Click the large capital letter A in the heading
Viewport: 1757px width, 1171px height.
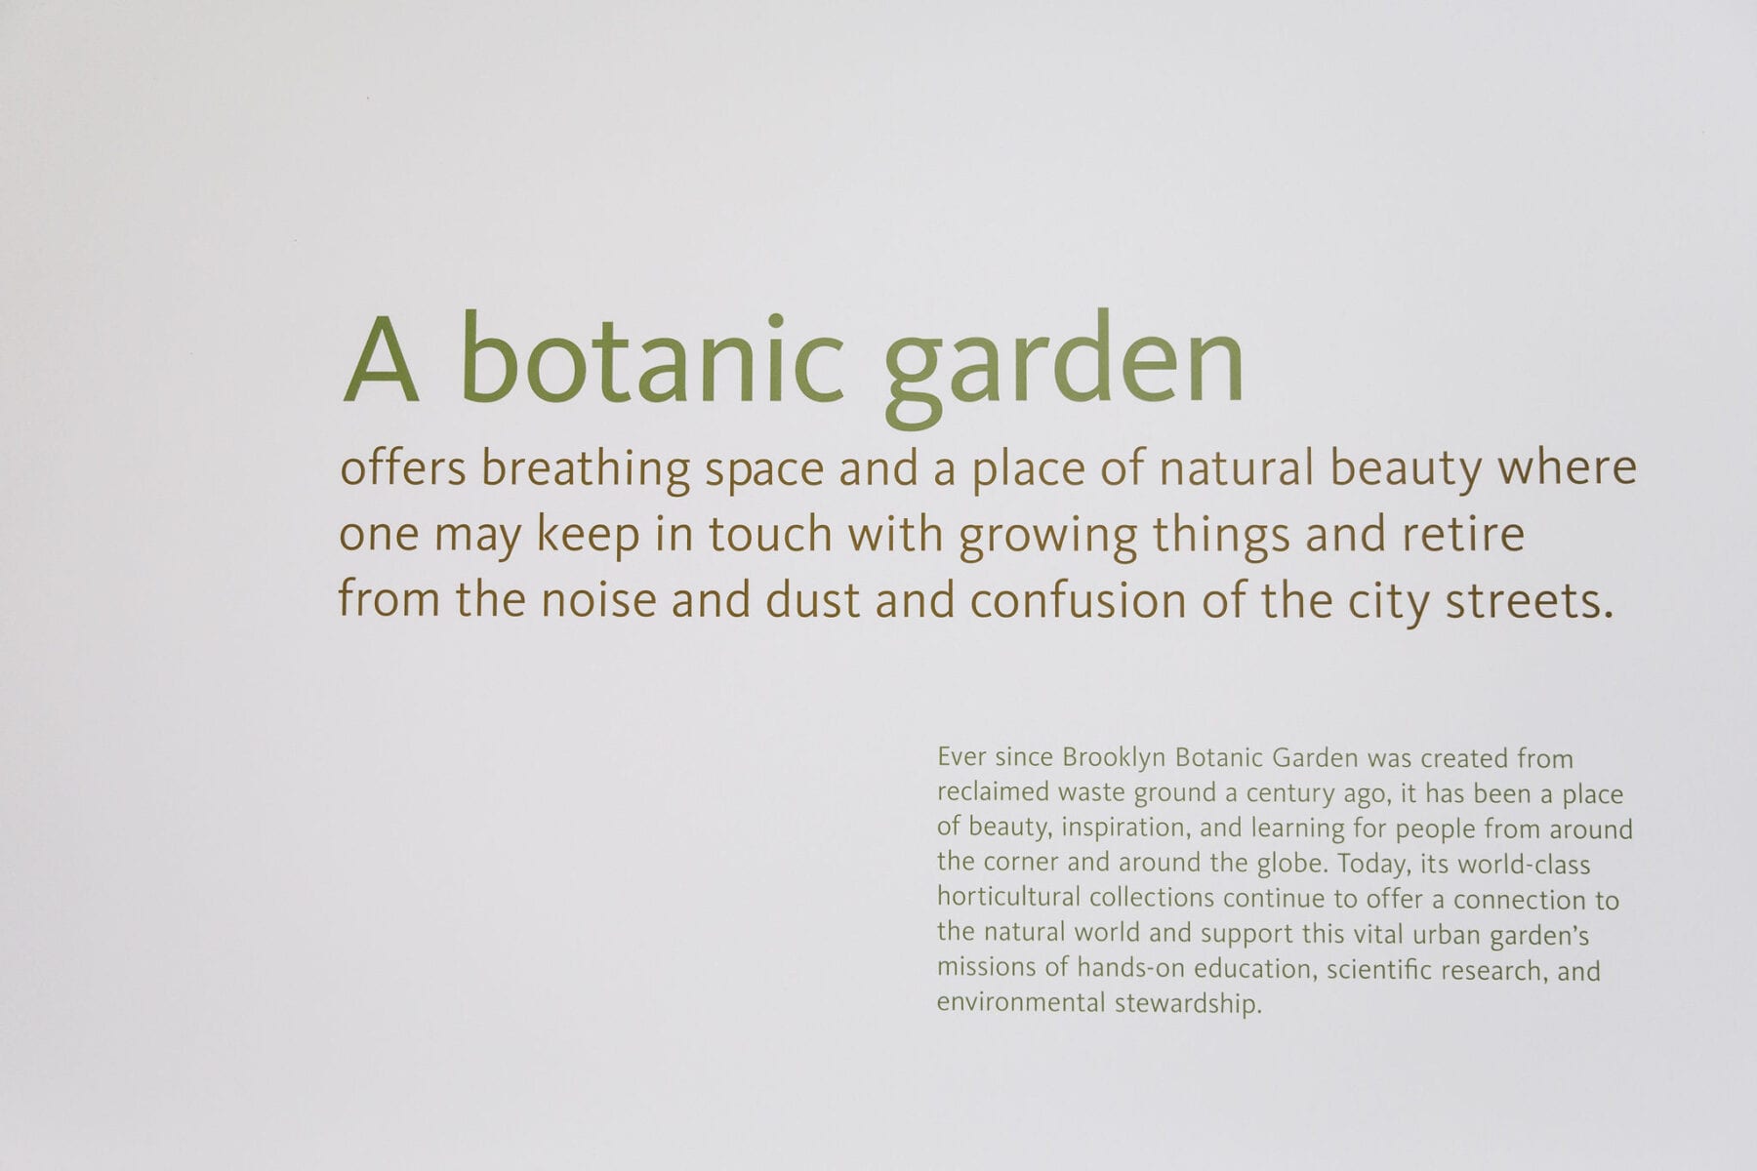(382, 360)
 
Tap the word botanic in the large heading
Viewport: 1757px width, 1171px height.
(652, 357)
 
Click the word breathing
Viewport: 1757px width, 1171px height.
(586, 470)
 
